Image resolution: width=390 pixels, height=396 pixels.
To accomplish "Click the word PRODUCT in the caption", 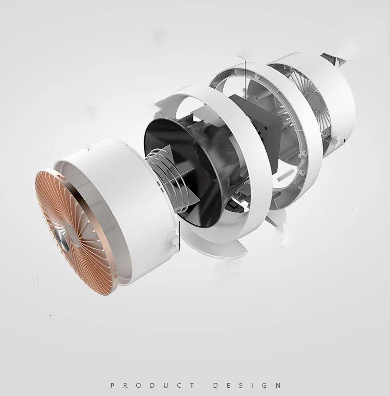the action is coord(152,386).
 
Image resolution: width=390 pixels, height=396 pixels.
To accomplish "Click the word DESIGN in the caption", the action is coord(247,386).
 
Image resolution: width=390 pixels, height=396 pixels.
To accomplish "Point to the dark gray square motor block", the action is coord(256,131).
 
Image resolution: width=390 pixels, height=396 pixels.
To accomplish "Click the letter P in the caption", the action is coord(113,386).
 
